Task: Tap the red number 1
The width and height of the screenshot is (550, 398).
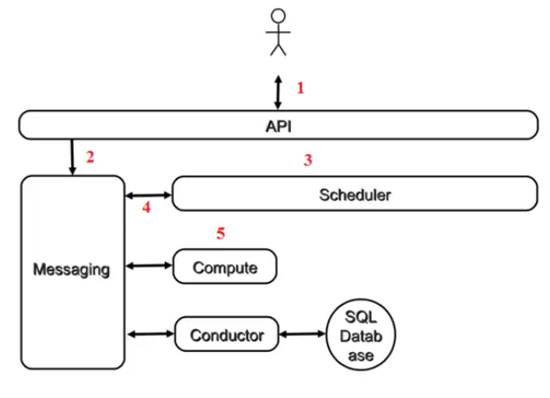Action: [x=300, y=88]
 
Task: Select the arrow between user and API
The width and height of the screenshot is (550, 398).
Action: [x=278, y=92]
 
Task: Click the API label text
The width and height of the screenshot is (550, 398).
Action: [x=279, y=127]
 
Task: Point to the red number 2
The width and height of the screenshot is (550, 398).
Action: [x=90, y=157]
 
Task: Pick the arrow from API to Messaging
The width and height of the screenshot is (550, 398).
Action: [x=72, y=157]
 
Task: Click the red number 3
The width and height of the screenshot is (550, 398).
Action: [x=308, y=160]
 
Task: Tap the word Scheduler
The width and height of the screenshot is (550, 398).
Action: [x=355, y=195]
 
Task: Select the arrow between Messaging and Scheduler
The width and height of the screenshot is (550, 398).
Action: [x=148, y=195]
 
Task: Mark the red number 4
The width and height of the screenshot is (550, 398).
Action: [x=146, y=207]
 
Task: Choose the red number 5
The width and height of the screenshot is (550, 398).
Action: [x=220, y=233]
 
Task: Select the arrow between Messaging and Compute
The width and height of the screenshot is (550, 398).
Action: [x=149, y=266]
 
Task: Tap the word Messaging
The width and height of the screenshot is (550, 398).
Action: [x=72, y=269]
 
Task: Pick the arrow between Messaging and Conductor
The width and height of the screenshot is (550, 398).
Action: [x=151, y=334]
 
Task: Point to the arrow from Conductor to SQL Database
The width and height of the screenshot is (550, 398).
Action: [x=302, y=334]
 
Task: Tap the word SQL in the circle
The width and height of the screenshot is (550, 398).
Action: [x=360, y=317]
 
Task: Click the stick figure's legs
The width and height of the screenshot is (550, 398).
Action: [x=279, y=50]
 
